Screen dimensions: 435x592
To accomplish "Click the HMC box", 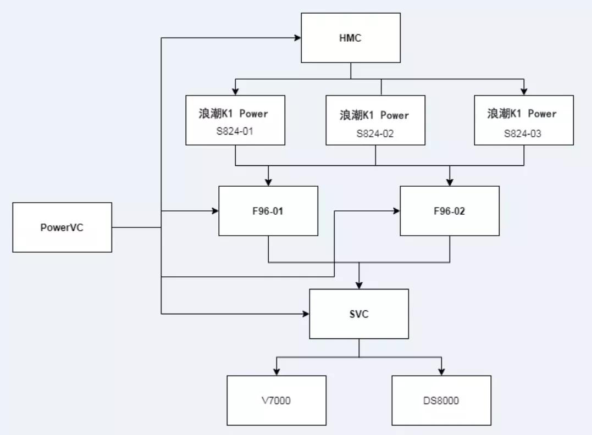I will tap(351, 38).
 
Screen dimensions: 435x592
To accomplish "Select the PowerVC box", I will tap(62, 227).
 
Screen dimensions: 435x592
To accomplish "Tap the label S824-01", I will tap(235, 131).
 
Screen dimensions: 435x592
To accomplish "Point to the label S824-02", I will tap(375, 133).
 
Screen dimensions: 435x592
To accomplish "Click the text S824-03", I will tap(524, 133).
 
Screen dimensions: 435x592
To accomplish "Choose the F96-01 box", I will tap(268, 211).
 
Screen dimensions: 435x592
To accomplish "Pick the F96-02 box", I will tap(450, 211).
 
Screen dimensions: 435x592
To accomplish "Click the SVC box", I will tap(359, 314).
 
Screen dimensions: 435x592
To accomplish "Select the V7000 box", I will tap(276, 400).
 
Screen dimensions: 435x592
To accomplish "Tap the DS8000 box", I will tap(441, 400).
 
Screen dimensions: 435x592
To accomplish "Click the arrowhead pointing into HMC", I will tap(298, 38).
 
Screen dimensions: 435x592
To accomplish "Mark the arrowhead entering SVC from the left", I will tap(306, 314).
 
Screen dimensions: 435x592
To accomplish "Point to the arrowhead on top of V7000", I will tap(276, 372).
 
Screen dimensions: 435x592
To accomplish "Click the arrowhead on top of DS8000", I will tap(441, 372).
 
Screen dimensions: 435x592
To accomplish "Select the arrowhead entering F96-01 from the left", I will tap(215, 211).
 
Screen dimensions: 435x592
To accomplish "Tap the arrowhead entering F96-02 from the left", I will tap(397, 211).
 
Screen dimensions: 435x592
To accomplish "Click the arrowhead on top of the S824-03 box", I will tap(524, 92).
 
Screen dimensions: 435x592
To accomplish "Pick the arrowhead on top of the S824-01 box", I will tap(235, 92).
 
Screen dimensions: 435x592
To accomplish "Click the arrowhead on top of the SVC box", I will tap(359, 286).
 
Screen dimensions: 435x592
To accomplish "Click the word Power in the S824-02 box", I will tap(395, 115).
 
